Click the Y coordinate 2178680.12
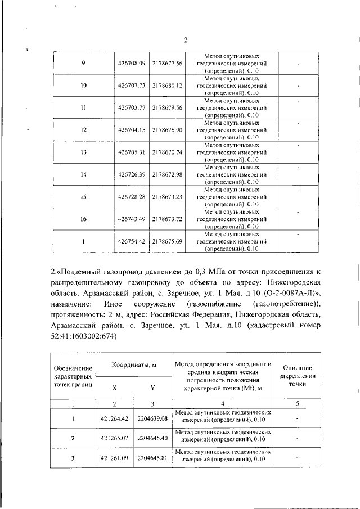tap(168, 85)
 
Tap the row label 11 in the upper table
tap(83, 107)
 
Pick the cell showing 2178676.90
tap(168, 129)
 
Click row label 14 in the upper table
tap(83, 174)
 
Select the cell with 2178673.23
tap(168, 196)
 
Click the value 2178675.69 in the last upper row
tap(168, 241)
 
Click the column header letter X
tap(115, 388)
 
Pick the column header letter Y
tap(152, 388)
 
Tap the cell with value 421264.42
tap(115, 417)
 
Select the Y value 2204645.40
tap(152, 437)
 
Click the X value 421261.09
tap(115, 458)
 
